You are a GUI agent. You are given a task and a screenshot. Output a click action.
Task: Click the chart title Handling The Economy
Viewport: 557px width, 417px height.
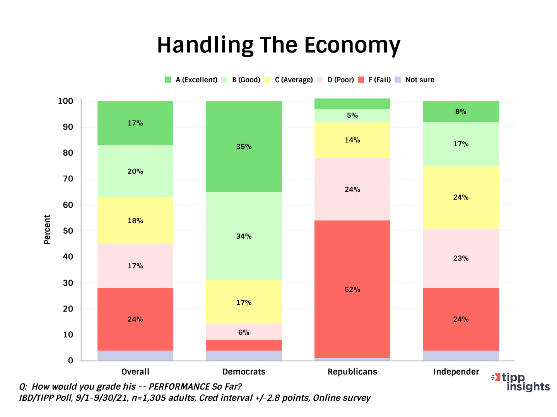point(278,45)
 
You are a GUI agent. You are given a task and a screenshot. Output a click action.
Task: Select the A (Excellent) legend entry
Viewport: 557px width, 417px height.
point(191,80)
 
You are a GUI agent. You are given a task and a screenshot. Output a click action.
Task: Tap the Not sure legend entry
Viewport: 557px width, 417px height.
point(415,80)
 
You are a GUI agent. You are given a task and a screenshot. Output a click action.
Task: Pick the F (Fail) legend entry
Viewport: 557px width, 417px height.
point(374,80)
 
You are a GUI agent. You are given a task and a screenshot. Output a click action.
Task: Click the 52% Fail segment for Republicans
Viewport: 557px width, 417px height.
point(352,289)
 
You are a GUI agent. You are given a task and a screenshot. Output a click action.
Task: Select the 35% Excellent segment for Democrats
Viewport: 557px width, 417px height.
point(244,147)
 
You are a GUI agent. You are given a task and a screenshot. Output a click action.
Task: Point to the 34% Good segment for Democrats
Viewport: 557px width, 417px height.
point(244,236)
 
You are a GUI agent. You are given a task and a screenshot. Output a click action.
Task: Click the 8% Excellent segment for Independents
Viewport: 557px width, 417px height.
point(461,112)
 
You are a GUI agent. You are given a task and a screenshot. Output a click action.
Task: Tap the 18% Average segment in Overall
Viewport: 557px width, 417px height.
point(135,220)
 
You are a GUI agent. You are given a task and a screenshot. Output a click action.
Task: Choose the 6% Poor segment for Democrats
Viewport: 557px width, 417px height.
point(244,332)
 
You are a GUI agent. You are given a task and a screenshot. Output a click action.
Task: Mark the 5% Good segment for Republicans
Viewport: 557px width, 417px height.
point(352,115)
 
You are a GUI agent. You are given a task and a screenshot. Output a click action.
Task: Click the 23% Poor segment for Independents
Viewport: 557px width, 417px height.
point(461,258)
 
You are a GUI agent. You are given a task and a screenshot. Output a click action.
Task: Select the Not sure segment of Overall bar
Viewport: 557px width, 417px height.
point(135,356)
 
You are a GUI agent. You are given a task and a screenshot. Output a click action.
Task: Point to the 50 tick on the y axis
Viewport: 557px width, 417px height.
point(68,231)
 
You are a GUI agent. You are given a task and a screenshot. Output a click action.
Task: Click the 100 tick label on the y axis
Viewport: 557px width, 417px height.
point(65,101)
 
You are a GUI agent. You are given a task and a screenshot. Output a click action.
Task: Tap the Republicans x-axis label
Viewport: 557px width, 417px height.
point(352,371)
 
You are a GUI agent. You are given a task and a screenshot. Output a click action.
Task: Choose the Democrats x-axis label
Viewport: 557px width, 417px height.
point(244,371)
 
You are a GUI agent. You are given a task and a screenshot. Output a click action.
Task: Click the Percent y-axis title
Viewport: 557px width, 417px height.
point(47,229)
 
